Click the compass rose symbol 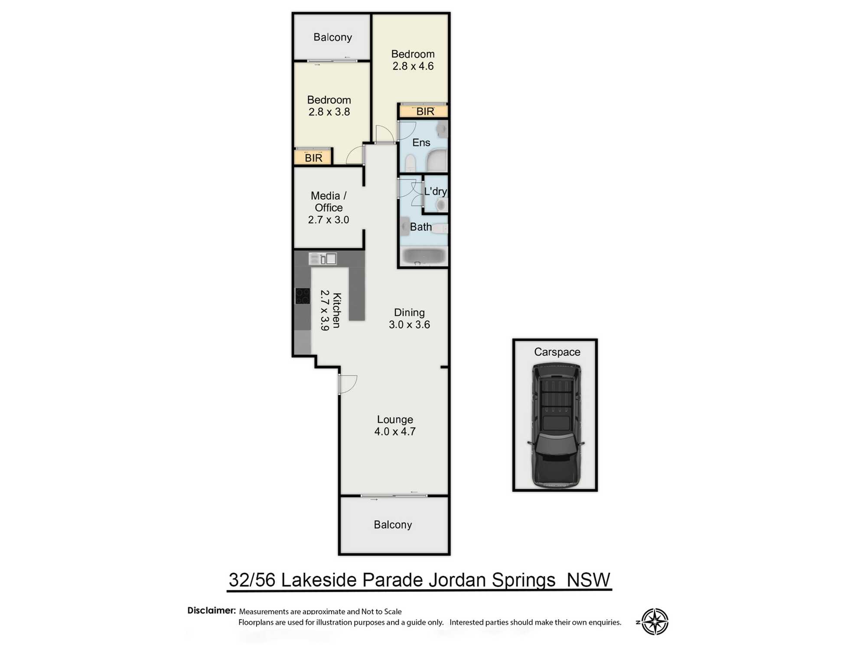[x=655, y=621]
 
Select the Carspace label [x=557, y=352]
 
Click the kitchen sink [x=323, y=259]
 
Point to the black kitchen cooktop [x=303, y=296]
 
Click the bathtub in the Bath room [x=424, y=256]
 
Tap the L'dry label [x=435, y=191]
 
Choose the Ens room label [x=421, y=143]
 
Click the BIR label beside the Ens [x=425, y=111]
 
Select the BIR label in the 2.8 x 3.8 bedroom [x=313, y=158]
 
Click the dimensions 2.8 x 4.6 [x=413, y=66]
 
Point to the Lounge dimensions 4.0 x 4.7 [x=395, y=432]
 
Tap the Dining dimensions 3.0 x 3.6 [x=409, y=325]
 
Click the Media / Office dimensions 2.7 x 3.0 [x=329, y=220]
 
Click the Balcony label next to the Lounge [x=393, y=525]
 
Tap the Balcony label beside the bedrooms [x=332, y=37]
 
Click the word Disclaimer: [x=212, y=611]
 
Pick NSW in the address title [x=588, y=580]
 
